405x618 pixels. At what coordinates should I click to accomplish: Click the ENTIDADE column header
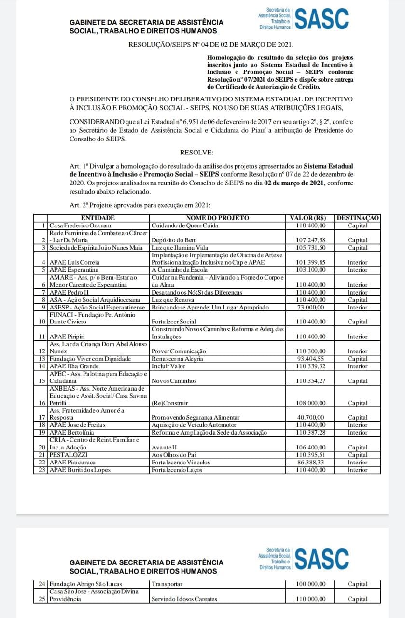click(98, 218)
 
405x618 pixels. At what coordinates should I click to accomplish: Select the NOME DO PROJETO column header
click(217, 218)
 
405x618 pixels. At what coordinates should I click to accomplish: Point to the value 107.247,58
click(310, 240)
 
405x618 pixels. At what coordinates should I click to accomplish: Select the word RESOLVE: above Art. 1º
click(196, 153)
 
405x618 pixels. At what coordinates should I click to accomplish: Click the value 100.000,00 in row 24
click(310, 584)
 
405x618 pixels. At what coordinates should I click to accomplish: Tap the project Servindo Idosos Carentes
click(184, 599)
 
